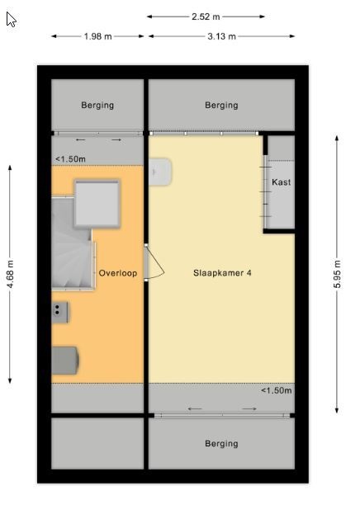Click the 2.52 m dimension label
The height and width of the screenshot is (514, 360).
[206, 17]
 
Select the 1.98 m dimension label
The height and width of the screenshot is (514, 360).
[97, 36]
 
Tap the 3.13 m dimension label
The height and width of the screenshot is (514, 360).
[221, 36]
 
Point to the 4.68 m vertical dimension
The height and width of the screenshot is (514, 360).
[10, 274]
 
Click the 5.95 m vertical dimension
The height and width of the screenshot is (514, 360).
[337, 274]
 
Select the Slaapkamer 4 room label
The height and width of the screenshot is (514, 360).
[222, 273]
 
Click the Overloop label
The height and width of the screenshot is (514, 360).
[118, 273]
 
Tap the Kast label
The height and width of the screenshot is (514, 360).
[282, 182]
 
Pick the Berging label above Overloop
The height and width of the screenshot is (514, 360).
[97, 106]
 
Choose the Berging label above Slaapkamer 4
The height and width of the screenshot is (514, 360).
[221, 106]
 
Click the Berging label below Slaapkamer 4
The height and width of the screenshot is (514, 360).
[221, 444]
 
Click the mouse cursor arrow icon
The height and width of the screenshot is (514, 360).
[12, 19]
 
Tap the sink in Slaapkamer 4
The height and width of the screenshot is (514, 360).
[160, 172]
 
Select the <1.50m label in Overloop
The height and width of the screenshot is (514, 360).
[70, 159]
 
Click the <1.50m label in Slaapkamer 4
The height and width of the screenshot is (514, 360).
[277, 390]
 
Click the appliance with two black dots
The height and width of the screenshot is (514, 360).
[59, 312]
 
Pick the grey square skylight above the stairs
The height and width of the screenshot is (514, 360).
[97, 203]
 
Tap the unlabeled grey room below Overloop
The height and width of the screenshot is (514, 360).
[97, 444]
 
